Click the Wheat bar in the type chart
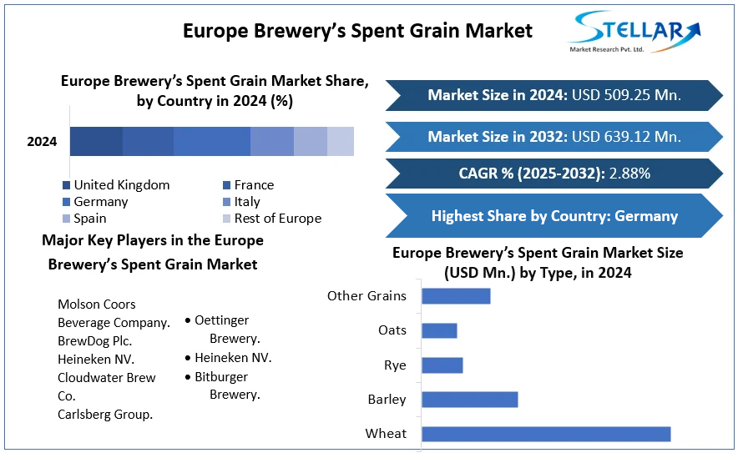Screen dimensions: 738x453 (546, 434)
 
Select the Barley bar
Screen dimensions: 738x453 (470, 400)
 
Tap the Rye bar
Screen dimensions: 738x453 (442, 365)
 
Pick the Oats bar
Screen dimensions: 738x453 (440, 330)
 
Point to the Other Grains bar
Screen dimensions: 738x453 (456, 296)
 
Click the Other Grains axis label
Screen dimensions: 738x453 (366, 296)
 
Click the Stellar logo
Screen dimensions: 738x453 (634, 32)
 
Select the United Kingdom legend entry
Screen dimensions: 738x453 (116, 185)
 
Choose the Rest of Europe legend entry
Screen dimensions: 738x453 (272, 219)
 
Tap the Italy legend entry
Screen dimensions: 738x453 (241, 202)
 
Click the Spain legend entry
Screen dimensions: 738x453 (84, 219)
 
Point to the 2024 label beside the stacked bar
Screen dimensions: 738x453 (42, 142)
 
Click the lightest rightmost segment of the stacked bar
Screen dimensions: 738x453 (341, 141)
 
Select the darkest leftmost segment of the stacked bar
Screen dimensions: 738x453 (97, 141)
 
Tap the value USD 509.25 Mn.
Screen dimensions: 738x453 (626, 95)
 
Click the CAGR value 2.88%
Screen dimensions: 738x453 (629, 174)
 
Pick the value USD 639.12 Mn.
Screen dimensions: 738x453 (626, 137)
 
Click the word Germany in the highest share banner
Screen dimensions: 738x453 (646, 216)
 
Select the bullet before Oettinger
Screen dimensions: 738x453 (188, 321)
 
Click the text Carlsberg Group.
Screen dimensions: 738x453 (105, 415)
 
